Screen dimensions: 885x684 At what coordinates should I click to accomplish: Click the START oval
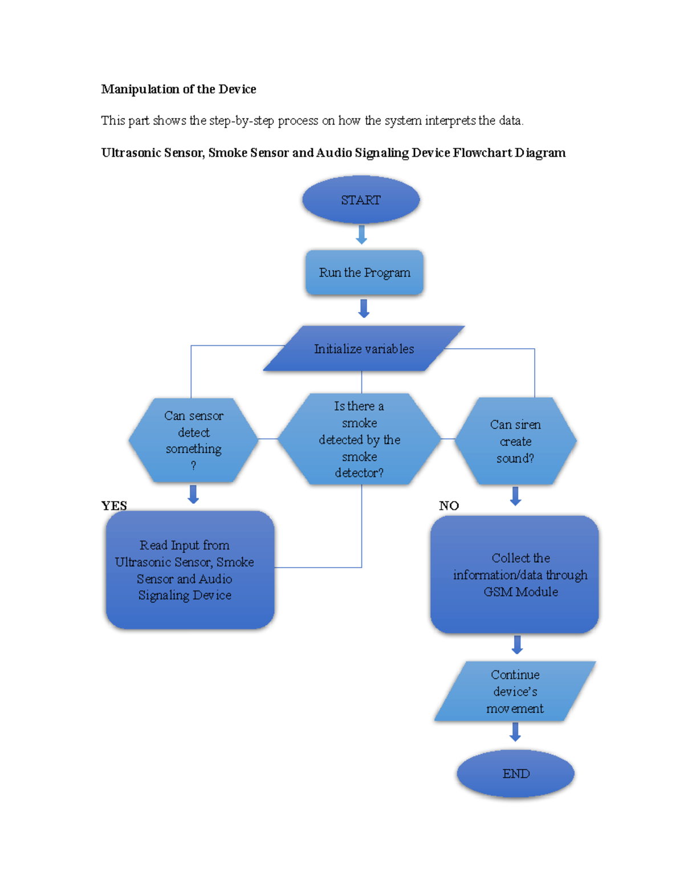click(x=361, y=200)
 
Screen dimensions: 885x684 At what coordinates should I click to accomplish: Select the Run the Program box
click(x=364, y=272)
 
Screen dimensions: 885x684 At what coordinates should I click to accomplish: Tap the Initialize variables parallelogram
click(x=364, y=349)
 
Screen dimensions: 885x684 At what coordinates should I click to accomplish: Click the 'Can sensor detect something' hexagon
click(x=193, y=440)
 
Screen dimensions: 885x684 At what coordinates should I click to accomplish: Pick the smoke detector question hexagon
click(x=359, y=439)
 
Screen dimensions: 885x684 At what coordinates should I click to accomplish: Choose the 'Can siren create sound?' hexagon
click(x=515, y=441)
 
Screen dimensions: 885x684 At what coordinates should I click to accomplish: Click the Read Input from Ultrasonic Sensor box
click(x=190, y=570)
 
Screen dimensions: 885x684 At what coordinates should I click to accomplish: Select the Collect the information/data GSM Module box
click(x=515, y=574)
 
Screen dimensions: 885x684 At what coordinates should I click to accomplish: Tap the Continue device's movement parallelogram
click(x=515, y=691)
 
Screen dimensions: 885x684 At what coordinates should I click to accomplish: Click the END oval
click(x=515, y=773)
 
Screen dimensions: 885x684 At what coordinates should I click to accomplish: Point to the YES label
click(x=114, y=505)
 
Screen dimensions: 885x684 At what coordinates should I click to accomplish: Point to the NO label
click(x=449, y=505)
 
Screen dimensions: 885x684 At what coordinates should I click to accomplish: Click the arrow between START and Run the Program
click(x=361, y=234)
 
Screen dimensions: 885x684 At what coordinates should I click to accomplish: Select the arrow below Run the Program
click(x=364, y=308)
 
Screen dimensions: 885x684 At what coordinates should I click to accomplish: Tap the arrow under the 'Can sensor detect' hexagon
click(x=193, y=494)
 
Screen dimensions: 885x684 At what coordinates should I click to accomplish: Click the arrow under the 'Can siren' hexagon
click(x=515, y=496)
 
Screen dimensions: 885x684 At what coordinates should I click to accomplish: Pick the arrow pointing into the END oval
click(x=515, y=732)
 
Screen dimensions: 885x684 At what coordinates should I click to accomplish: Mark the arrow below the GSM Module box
click(x=517, y=645)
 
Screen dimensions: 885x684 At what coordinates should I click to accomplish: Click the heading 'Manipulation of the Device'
click(x=178, y=89)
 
